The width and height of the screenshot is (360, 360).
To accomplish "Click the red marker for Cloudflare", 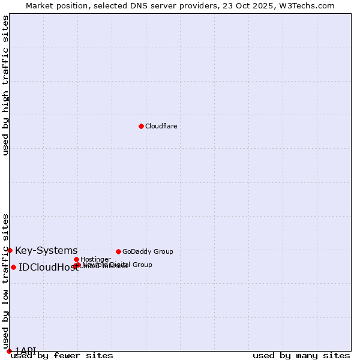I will (141, 126).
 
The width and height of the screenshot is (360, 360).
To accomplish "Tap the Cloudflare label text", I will (161, 126).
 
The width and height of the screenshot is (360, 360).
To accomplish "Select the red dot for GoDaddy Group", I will (118, 251).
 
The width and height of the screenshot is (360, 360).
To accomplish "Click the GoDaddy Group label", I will (148, 251).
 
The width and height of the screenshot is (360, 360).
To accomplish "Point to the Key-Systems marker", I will (10, 250).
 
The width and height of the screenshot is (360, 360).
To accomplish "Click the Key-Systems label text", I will (46, 250).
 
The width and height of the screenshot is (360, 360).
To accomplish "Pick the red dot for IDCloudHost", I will (13, 267).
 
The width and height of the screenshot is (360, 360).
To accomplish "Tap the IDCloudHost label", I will (48, 268).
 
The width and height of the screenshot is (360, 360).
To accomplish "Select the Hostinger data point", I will (76, 259).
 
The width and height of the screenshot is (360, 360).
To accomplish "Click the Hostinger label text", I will (95, 259).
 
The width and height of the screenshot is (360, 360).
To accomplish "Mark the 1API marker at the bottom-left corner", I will (9, 351).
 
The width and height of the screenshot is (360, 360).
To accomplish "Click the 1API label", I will (26, 350).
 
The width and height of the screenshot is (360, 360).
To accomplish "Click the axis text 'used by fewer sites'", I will (62, 356).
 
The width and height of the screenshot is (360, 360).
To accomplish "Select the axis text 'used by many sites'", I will (301, 356).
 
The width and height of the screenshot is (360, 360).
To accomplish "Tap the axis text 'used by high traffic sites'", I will (6, 85).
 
